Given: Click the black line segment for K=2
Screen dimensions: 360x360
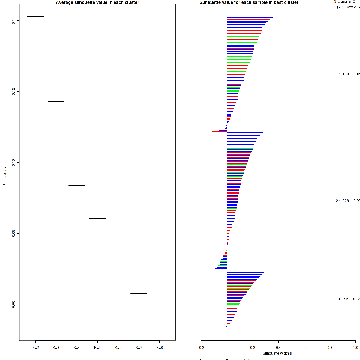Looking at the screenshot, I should tap(35, 16).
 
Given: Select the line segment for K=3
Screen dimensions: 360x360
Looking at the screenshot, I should tap(56, 101).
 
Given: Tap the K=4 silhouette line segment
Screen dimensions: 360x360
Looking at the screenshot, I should tap(77, 186).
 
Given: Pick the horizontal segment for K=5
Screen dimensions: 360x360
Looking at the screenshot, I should tap(97, 218).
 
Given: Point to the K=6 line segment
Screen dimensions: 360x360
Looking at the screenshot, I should tap(118, 250).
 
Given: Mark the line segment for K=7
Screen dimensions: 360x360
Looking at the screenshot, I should tap(139, 294).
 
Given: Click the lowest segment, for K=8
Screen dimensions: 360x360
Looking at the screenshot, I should tap(159, 328).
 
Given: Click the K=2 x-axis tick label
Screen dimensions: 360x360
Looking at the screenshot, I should tap(35, 348).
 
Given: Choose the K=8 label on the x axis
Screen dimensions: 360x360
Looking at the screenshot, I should tap(160, 348).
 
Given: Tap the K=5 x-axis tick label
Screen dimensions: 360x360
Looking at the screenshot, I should tap(97, 348).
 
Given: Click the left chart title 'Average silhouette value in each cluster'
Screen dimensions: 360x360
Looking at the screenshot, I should tap(97, 2).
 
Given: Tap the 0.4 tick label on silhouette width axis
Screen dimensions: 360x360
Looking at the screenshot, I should tap(278, 348).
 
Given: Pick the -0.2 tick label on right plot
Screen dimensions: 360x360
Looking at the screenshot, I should tap(201, 348).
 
